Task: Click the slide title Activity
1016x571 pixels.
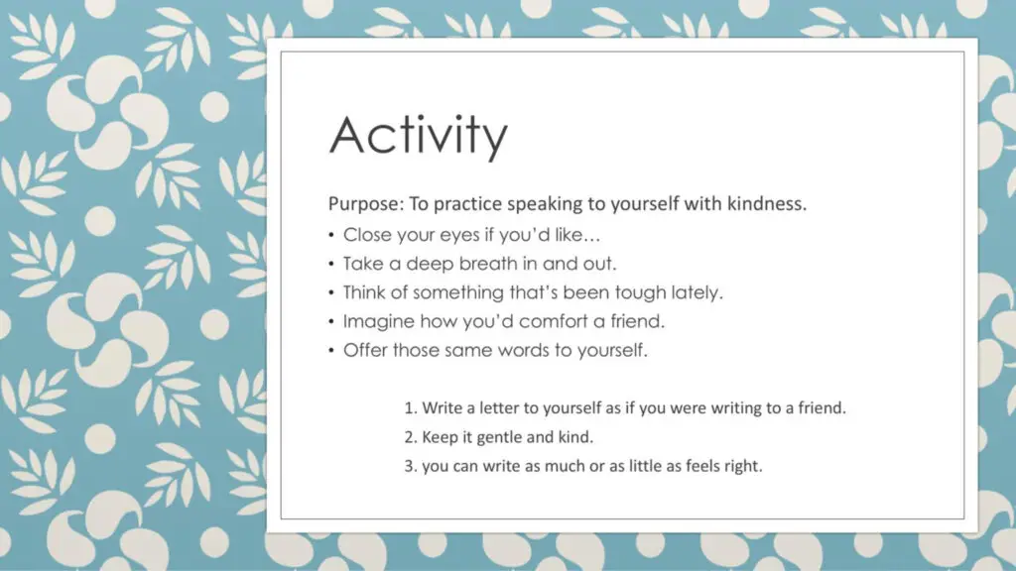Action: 419,136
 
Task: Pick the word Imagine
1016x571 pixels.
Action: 378,322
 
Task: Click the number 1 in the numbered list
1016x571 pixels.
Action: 410,407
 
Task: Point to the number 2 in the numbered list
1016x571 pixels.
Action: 410,437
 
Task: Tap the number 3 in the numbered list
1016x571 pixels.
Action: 410,466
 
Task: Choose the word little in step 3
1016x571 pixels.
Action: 647,466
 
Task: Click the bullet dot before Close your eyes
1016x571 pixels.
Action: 331,235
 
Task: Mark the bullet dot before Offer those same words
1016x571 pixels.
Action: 331,351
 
